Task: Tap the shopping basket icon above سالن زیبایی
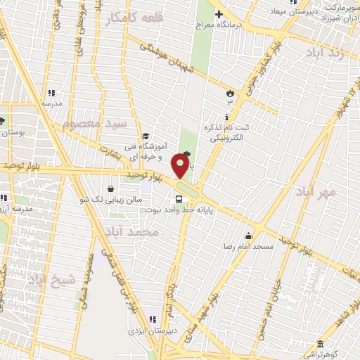click(x=111, y=188)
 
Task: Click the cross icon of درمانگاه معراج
click(x=219, y=14)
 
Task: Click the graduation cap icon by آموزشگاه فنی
click(x=145, y=136)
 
